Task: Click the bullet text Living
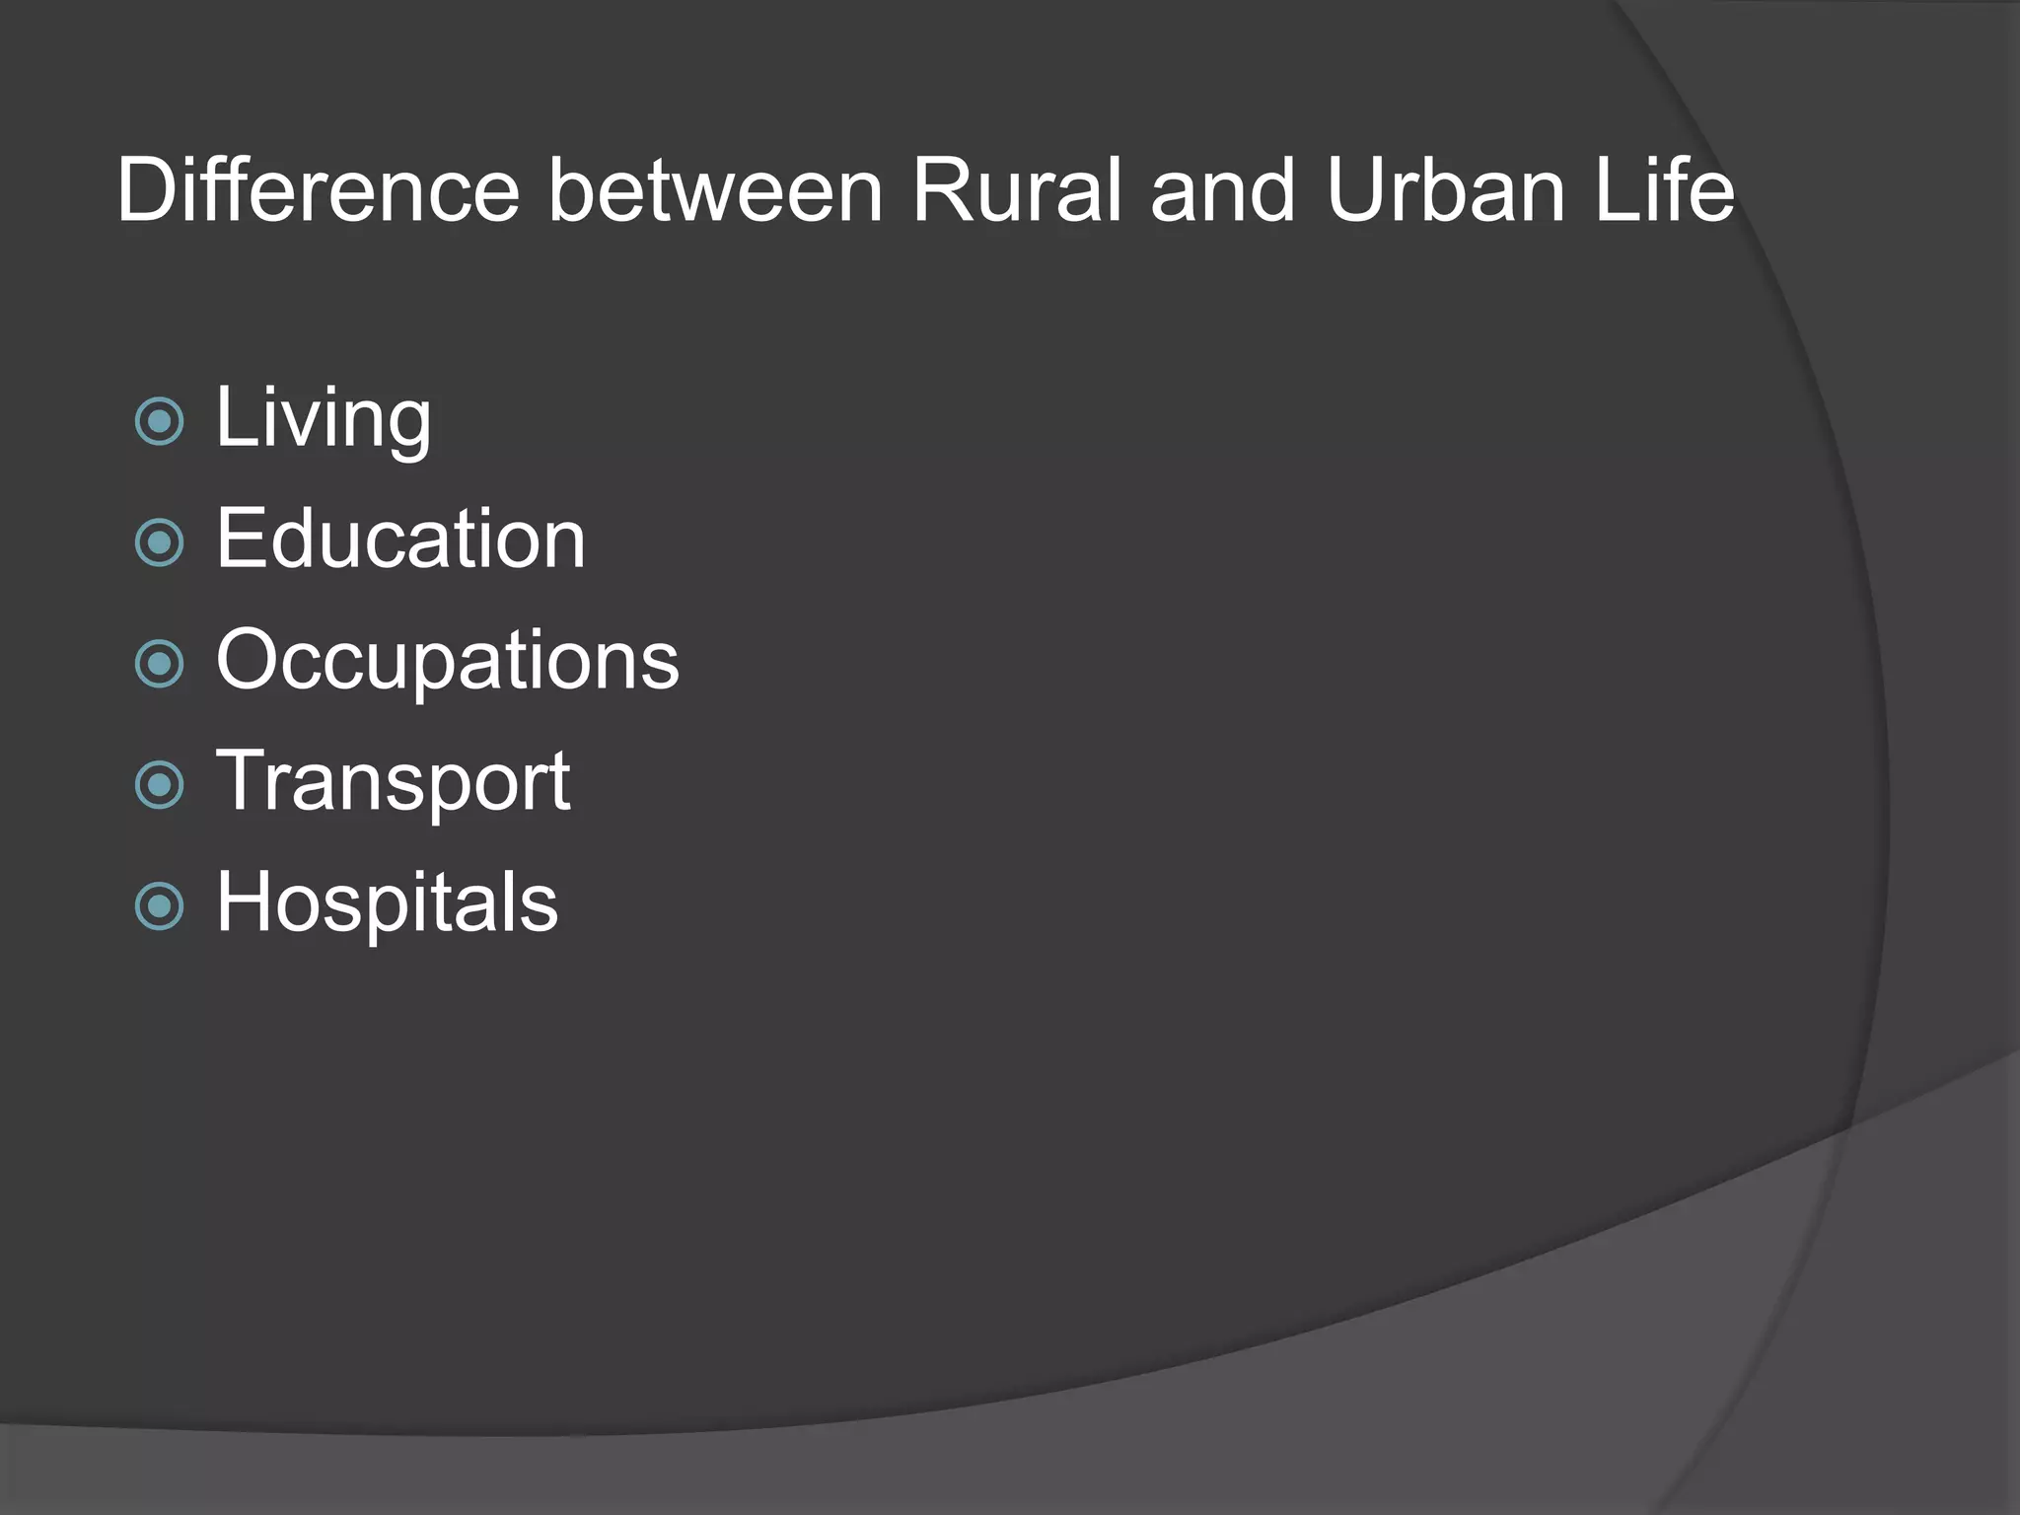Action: tap(324, 420)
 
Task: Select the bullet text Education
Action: tap(400, 540)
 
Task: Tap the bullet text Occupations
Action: tap(448, 660)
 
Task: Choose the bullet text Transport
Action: tap(393, 782)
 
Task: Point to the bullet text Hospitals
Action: tap(387, 902)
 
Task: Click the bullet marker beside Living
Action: tap(159, 422)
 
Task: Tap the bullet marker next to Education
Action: tap(159, 542)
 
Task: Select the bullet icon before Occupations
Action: tap(159, 664)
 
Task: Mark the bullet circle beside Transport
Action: tap(159, 785)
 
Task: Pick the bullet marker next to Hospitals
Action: tap(159, 906)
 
